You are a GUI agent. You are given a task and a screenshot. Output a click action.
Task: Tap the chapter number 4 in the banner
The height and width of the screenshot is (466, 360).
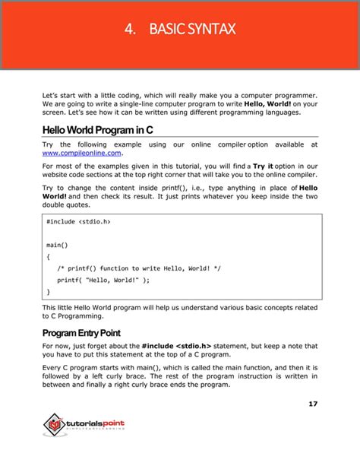pyautogui.click(x=130, y=30)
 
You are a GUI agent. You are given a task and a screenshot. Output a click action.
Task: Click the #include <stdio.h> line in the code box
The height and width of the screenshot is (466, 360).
pyautogui.click(x=79, y=221)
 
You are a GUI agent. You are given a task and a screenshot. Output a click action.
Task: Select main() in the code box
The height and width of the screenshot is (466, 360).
pyautogui.click(x=57, y=245)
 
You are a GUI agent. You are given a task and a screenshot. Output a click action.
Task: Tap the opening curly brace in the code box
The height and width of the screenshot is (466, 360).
pyautogui.click(x=49, y=256)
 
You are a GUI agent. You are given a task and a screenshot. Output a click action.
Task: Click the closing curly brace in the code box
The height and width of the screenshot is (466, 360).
pyautogui.click(x=49, y=291)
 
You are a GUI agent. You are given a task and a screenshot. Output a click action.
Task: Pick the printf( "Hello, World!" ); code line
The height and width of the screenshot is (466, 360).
pyautogui.click(x=103, y=280)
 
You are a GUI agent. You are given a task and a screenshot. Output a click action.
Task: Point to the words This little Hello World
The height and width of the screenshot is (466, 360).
pyautogui.click(x=81, y=307)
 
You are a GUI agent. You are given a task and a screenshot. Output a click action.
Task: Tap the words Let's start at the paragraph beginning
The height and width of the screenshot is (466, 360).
pyautogui.click(x=58, y=96)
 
